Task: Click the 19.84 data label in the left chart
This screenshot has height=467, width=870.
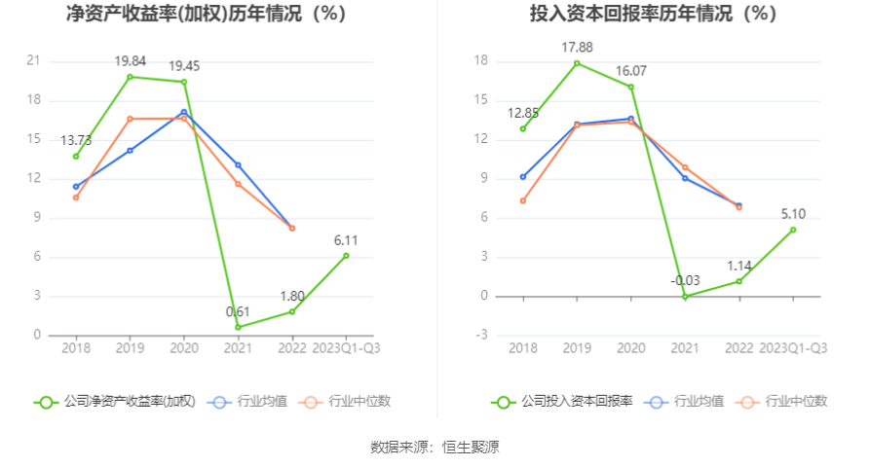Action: tap(130, 60)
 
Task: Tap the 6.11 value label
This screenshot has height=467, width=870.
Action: tap(347, 239)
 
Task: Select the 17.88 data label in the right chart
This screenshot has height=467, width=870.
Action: tap(577, 47)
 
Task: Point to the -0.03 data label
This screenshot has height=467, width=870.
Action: tap(685, 280)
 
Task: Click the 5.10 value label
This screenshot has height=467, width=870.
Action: tap(793, 213)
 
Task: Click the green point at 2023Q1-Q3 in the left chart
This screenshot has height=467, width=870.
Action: tap(346, 256)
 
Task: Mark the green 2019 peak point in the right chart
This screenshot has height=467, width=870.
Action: tap(577, 63)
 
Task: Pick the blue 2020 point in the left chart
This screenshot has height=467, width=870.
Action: tap(184, 112)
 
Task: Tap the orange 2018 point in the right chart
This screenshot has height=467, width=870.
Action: tap(523, 200)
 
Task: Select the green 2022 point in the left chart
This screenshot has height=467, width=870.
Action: tap(292, 311)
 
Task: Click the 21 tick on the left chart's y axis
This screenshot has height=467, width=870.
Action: tap(34, 61)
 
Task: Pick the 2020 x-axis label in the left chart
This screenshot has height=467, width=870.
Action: tap(184, 348)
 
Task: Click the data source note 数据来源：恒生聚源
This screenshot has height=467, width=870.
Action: tap(435, 448)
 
